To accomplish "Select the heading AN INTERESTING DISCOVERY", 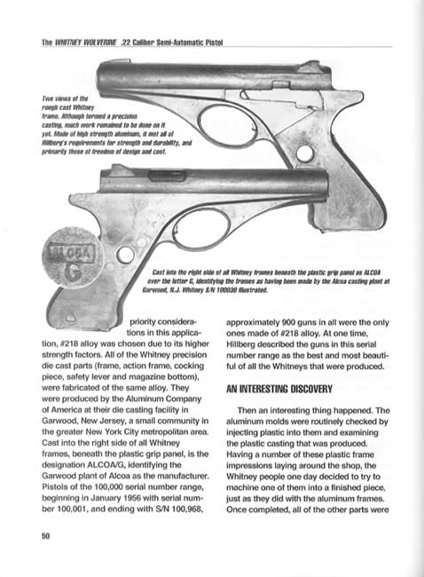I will coord(282,388).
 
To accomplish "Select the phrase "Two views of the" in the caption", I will coord(59,99).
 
